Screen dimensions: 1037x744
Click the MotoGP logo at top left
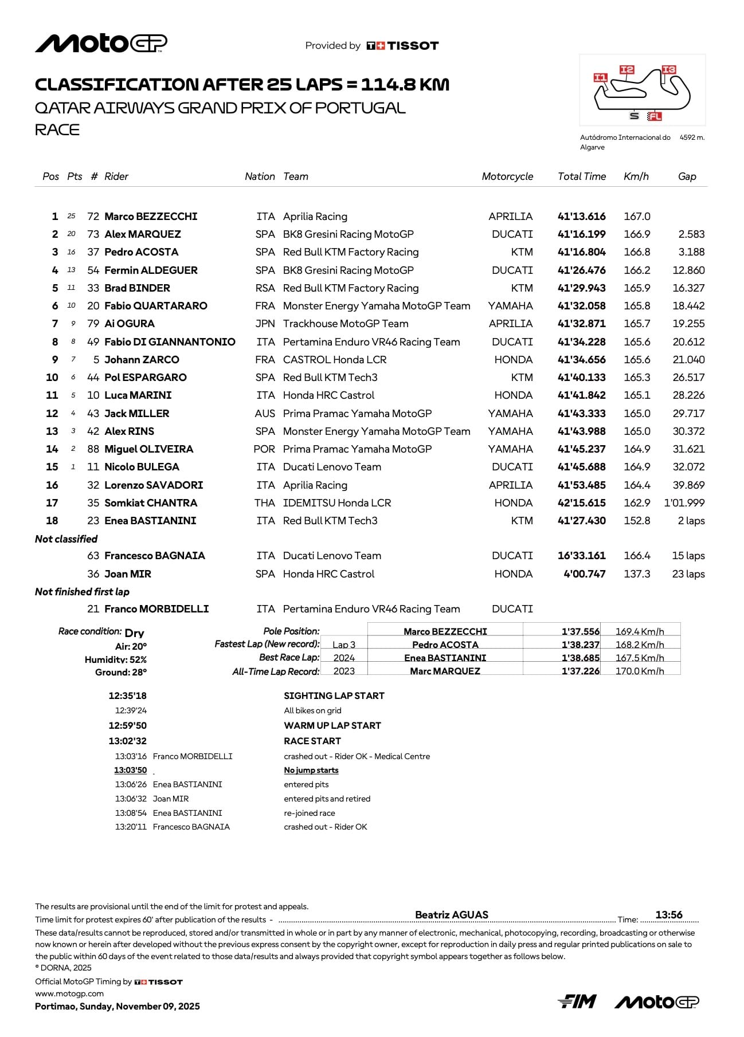[101, 44]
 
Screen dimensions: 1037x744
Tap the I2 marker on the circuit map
[626, 70]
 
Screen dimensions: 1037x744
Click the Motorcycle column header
[507, 176]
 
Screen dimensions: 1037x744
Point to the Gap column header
[687, 176]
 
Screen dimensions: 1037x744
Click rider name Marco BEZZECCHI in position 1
[151, 217]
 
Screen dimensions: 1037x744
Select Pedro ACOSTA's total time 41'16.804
[581, 252]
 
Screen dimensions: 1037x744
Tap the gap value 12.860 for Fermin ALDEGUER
[688, 270]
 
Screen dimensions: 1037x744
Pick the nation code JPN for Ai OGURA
[265, 324]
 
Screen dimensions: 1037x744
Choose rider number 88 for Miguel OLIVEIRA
[93, 449]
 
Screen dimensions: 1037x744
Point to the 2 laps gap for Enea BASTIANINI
[691, 521]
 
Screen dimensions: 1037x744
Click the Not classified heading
[66, 539]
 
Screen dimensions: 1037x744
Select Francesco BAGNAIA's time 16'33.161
[581, 556]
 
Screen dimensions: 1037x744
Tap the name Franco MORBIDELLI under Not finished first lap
[156, 609]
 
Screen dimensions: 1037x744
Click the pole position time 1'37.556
[580, 631]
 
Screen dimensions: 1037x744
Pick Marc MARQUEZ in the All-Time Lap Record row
[445, 671]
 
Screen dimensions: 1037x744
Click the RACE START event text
[312, 741]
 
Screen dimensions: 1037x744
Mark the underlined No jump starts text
[311, 771]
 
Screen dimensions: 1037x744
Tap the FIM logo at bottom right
[577, 1001]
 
